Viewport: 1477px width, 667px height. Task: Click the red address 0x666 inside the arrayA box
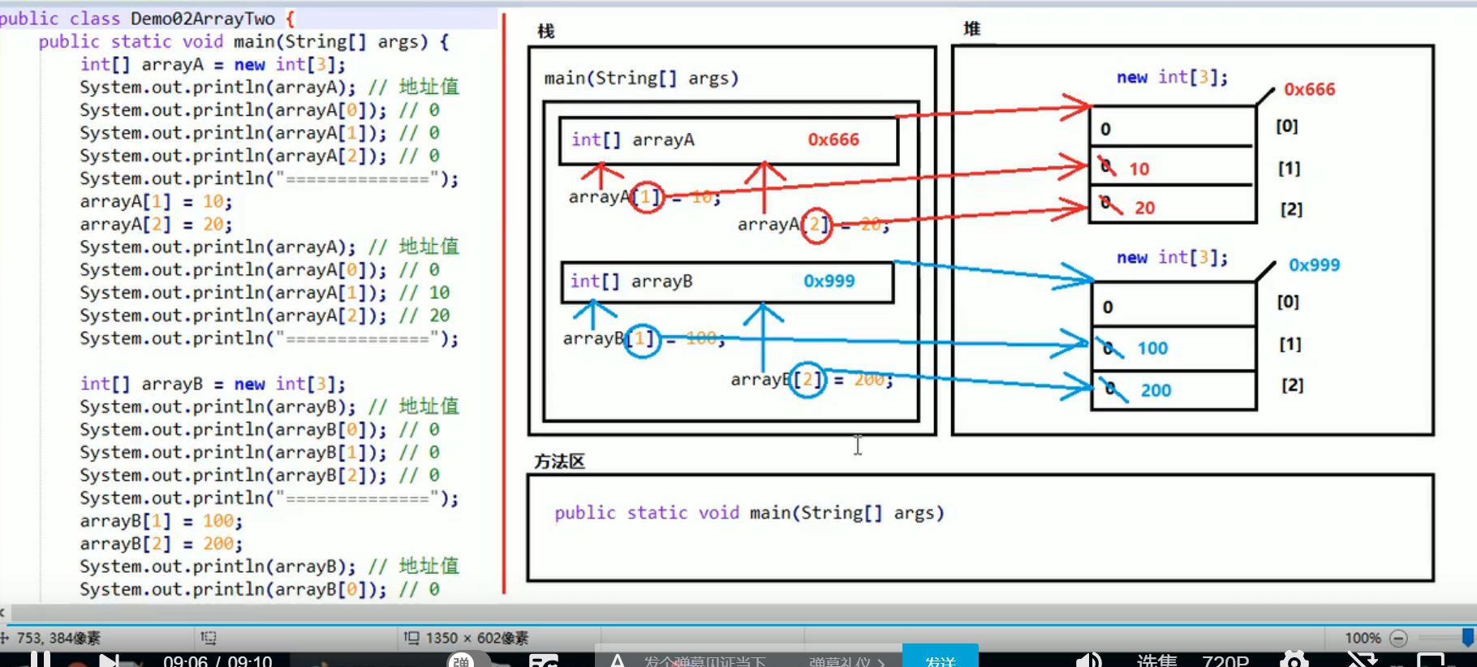[x=833, y=140]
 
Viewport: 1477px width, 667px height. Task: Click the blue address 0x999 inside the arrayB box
[x=829, y=281]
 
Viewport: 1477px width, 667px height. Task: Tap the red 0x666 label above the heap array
[x=1309, y=89]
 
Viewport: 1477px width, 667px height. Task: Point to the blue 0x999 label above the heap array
[x=1314, y=265]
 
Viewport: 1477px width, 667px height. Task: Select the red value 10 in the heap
[x=1139, y=169]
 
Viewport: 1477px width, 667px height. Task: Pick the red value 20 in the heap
[x=1144, y=208]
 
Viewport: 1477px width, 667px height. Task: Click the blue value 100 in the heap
[x=1152, y=348]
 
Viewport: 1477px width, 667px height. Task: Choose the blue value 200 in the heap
[x=1156, y=390]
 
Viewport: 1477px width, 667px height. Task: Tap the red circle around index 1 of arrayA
[x=647, y=196]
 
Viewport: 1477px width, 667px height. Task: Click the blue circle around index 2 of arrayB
[x=807, y=380]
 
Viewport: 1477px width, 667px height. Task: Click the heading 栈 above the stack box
[x=545, y=31]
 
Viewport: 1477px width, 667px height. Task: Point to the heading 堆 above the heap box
[x=971, y=29]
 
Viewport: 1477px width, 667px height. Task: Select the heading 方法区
[x=559, y=462]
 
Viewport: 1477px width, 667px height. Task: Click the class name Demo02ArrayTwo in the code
[x=203, y=18]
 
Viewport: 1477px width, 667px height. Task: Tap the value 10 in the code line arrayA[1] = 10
[x=213, y=201]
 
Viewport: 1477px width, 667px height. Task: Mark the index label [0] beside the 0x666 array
[x=1286, y=126]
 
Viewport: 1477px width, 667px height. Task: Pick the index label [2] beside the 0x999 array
[x=1292, y=385]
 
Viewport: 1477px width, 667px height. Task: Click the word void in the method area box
[x=718, y=513]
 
